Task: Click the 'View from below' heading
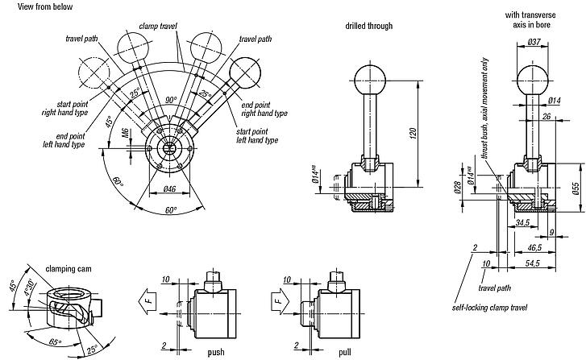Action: coord(28,6)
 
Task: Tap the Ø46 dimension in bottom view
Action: coord(169,189)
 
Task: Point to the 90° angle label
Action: coord(171,100)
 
